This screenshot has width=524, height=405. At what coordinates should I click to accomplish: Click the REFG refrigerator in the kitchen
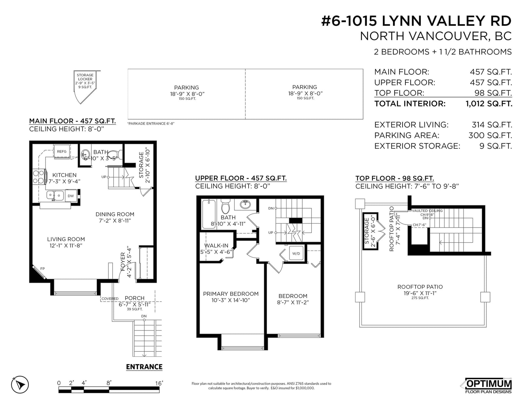coord(62,151)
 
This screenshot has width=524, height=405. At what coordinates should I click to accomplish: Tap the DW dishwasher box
coord(71,196)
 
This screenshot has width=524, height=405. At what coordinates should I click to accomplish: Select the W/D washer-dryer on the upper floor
coord(296,253)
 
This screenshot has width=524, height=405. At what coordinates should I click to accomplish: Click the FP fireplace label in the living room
coord(43,268)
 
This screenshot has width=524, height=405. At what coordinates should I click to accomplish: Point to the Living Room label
coord(66,239)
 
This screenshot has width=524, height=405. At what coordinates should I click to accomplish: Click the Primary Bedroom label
coord(231,294)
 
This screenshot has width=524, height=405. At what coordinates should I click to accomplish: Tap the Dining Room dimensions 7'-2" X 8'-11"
coord(115,221)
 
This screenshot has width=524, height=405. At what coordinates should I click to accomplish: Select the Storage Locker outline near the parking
coord(85,87)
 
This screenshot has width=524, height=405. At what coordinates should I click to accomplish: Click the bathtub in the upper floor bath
coord(209,214)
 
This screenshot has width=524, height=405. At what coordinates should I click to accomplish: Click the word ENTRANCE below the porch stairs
coord(144,367)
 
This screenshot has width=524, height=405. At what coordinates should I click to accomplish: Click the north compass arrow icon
coord(20,384)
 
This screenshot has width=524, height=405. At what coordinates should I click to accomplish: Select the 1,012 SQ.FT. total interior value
coord(489,104)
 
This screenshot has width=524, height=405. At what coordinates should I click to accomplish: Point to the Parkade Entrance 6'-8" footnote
coord(151,123)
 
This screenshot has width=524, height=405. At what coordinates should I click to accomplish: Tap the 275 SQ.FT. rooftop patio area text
coord(420,298)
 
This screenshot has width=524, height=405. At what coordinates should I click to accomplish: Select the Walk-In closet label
coord(216,246)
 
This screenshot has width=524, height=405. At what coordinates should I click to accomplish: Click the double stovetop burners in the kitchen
coord(38,177)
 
